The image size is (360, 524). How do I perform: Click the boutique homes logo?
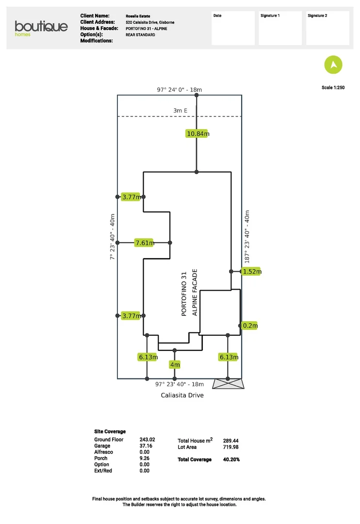(x=41, y=28)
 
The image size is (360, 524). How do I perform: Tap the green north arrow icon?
(x=333, y=65)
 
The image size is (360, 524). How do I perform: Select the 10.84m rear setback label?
(x=197, y=134)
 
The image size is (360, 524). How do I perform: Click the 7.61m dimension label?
(x=145, y=243)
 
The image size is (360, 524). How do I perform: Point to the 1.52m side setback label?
(x=252, y=272)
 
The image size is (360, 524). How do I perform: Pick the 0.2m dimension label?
(x=250, y=326)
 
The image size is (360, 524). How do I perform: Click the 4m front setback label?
(x=175, y=364)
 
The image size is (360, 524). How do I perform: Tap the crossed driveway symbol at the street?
(x=229, y=384)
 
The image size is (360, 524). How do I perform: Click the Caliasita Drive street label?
(x=182, y=395)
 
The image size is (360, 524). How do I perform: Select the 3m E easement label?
(x=180, y=111)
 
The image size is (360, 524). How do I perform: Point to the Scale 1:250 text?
(x=333, y=88)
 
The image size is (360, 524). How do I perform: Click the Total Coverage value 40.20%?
(x=231, y=459)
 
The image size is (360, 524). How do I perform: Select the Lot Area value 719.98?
(x=230, y=447)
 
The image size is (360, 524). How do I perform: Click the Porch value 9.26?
(x=144, y=458)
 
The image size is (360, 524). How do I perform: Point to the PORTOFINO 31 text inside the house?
(x=184, y=294)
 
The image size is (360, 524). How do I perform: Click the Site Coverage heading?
(x=110, y=431)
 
